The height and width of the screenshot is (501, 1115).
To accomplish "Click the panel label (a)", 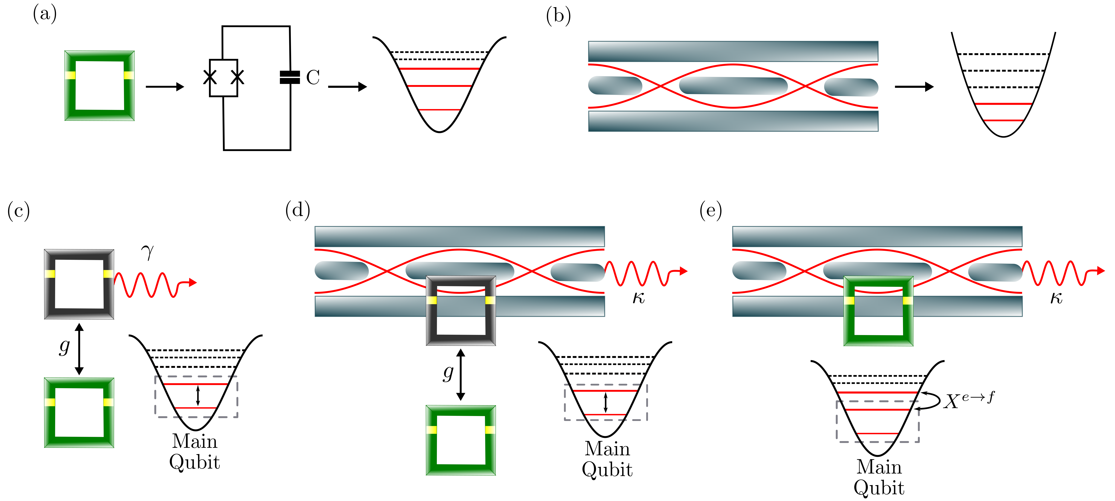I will (45, 14).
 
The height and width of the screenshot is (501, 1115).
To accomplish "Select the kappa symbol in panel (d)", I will (638, 298).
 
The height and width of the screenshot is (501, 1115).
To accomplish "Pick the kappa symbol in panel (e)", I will (1056, 298).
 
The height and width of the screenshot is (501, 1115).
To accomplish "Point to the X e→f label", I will (969, 400).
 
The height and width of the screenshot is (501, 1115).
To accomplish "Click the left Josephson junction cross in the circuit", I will (210, 77).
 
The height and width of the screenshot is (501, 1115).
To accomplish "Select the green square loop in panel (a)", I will (100, 86).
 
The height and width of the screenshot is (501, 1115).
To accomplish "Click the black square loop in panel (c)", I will (79, 284).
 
